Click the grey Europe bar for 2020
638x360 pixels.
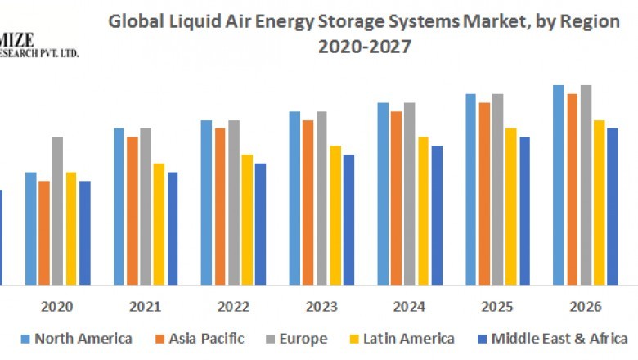57,210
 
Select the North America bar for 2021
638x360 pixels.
119,206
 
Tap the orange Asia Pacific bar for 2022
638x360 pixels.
220,206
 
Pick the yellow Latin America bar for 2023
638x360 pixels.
335,215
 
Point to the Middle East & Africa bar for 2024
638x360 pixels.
437,215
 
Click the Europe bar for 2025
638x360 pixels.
497,189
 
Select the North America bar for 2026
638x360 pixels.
559,185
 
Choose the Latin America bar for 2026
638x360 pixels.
600,202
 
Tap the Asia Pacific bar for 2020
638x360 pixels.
44,232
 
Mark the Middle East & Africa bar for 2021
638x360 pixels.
173,228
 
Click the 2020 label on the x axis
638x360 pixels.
57,307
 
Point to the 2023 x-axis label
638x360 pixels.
321,307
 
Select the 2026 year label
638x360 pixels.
586,307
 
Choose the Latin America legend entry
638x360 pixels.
401,339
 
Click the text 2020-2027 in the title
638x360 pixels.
364,47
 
